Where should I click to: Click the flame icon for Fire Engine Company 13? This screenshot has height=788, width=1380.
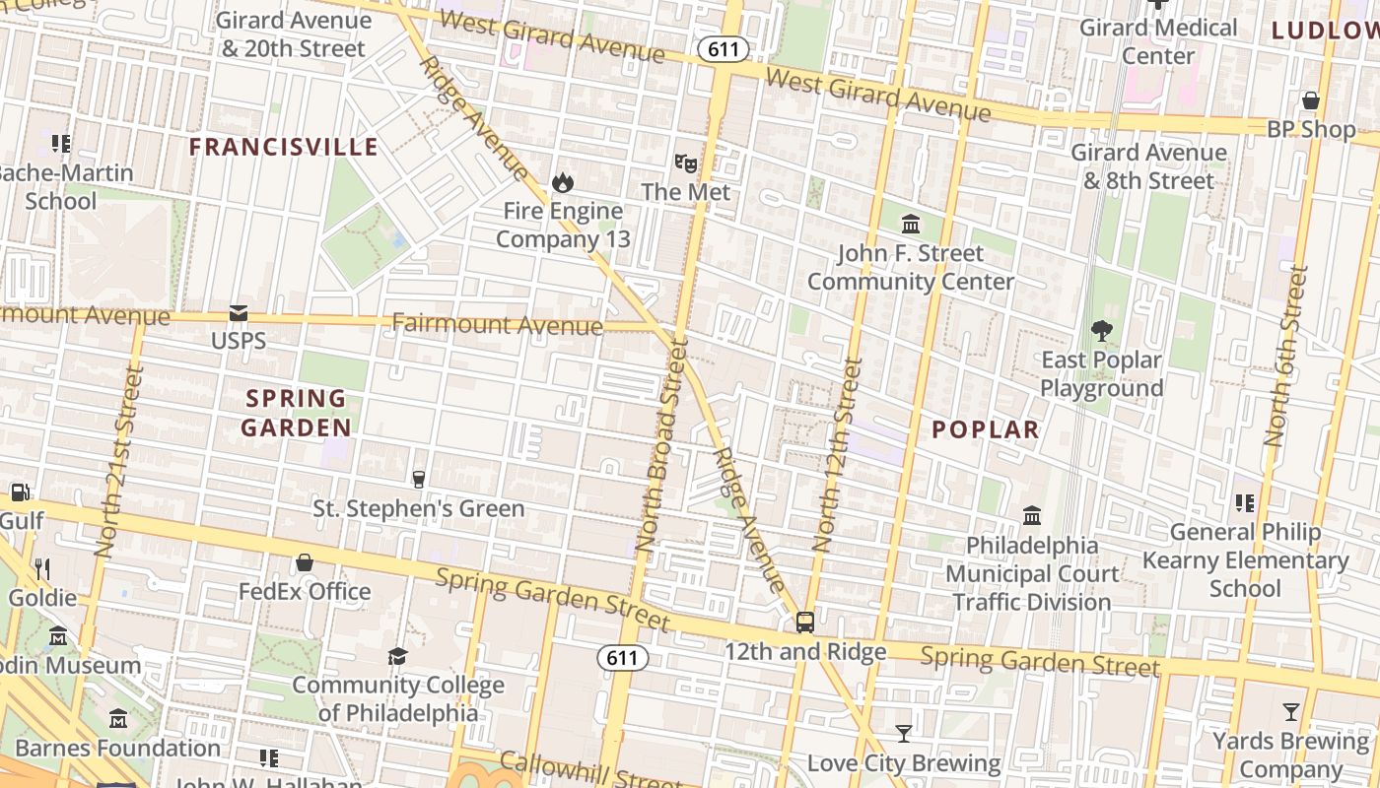(563, 182)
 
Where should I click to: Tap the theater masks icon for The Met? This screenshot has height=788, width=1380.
(685, 163)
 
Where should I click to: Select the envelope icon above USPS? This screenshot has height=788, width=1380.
(239, 313)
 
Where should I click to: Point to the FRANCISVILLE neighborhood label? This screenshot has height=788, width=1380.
(284, 147)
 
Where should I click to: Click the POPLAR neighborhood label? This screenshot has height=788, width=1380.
(986, 429)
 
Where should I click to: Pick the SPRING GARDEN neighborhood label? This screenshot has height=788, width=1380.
(296, 413)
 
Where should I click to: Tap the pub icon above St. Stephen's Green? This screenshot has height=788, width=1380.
(419, 480)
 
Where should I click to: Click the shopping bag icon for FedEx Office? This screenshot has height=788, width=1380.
(305, 562)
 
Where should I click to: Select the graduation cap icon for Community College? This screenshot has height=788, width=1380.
(397, 656)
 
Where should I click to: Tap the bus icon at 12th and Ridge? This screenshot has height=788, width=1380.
(805, 623)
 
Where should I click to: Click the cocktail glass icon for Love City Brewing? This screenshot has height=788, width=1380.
(903, 734)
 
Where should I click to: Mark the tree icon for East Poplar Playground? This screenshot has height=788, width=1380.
(1101, 331)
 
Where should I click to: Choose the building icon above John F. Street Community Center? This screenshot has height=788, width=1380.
(910, 224)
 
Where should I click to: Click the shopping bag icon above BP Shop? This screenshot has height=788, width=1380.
(1311, 100)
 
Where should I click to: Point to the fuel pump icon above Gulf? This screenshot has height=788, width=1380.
(20, 492)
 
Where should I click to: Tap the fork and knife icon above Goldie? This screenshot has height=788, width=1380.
(41, 568)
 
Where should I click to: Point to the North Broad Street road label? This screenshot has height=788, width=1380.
(660, 445)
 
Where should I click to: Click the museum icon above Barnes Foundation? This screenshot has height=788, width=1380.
(118, 719)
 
